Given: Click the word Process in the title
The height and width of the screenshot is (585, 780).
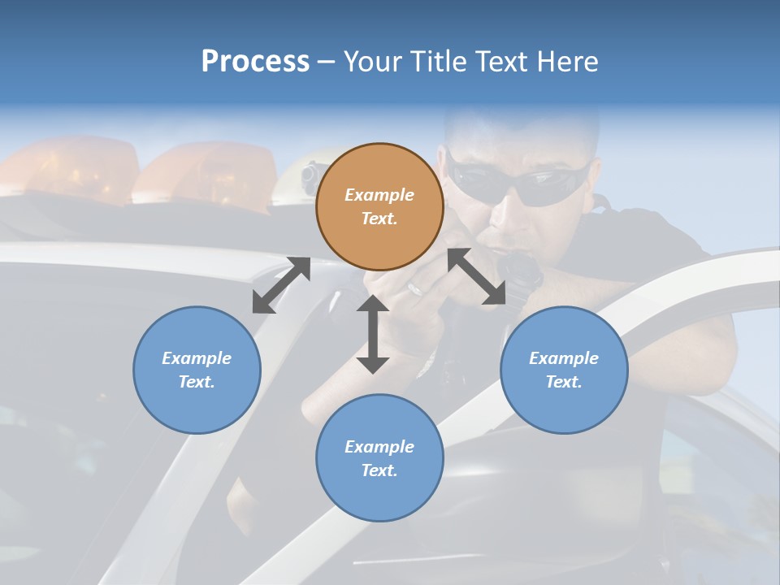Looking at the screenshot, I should pyautogui.click(x=255, y=62).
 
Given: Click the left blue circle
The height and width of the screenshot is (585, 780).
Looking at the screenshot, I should pyautogui.click(x=197, y=370).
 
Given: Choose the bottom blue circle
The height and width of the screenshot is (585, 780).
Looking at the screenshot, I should pyautogui.click(x=379, y=458).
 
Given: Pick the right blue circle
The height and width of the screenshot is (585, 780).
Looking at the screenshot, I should pyautogui.click(x=564, y=370).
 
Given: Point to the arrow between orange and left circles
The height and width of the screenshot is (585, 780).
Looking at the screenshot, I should pyautogui.click(x=281, y=285).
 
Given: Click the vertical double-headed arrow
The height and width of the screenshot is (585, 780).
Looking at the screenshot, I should pyautogui.click(x=373, y=334).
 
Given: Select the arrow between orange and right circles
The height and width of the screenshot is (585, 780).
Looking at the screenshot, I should pyautogui.click(x=476, y=276).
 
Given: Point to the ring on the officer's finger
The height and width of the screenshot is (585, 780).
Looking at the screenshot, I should pyautogui.click(x=414, y=288).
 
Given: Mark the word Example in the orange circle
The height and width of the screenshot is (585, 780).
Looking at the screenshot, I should pyautogui.click(x=379, y=195).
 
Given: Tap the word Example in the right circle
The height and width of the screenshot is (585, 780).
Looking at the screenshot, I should pyautogui.click(x=564, y=358).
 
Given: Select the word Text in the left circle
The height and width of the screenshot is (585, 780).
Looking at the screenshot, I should pyautogui.click(x=196, y=382).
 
